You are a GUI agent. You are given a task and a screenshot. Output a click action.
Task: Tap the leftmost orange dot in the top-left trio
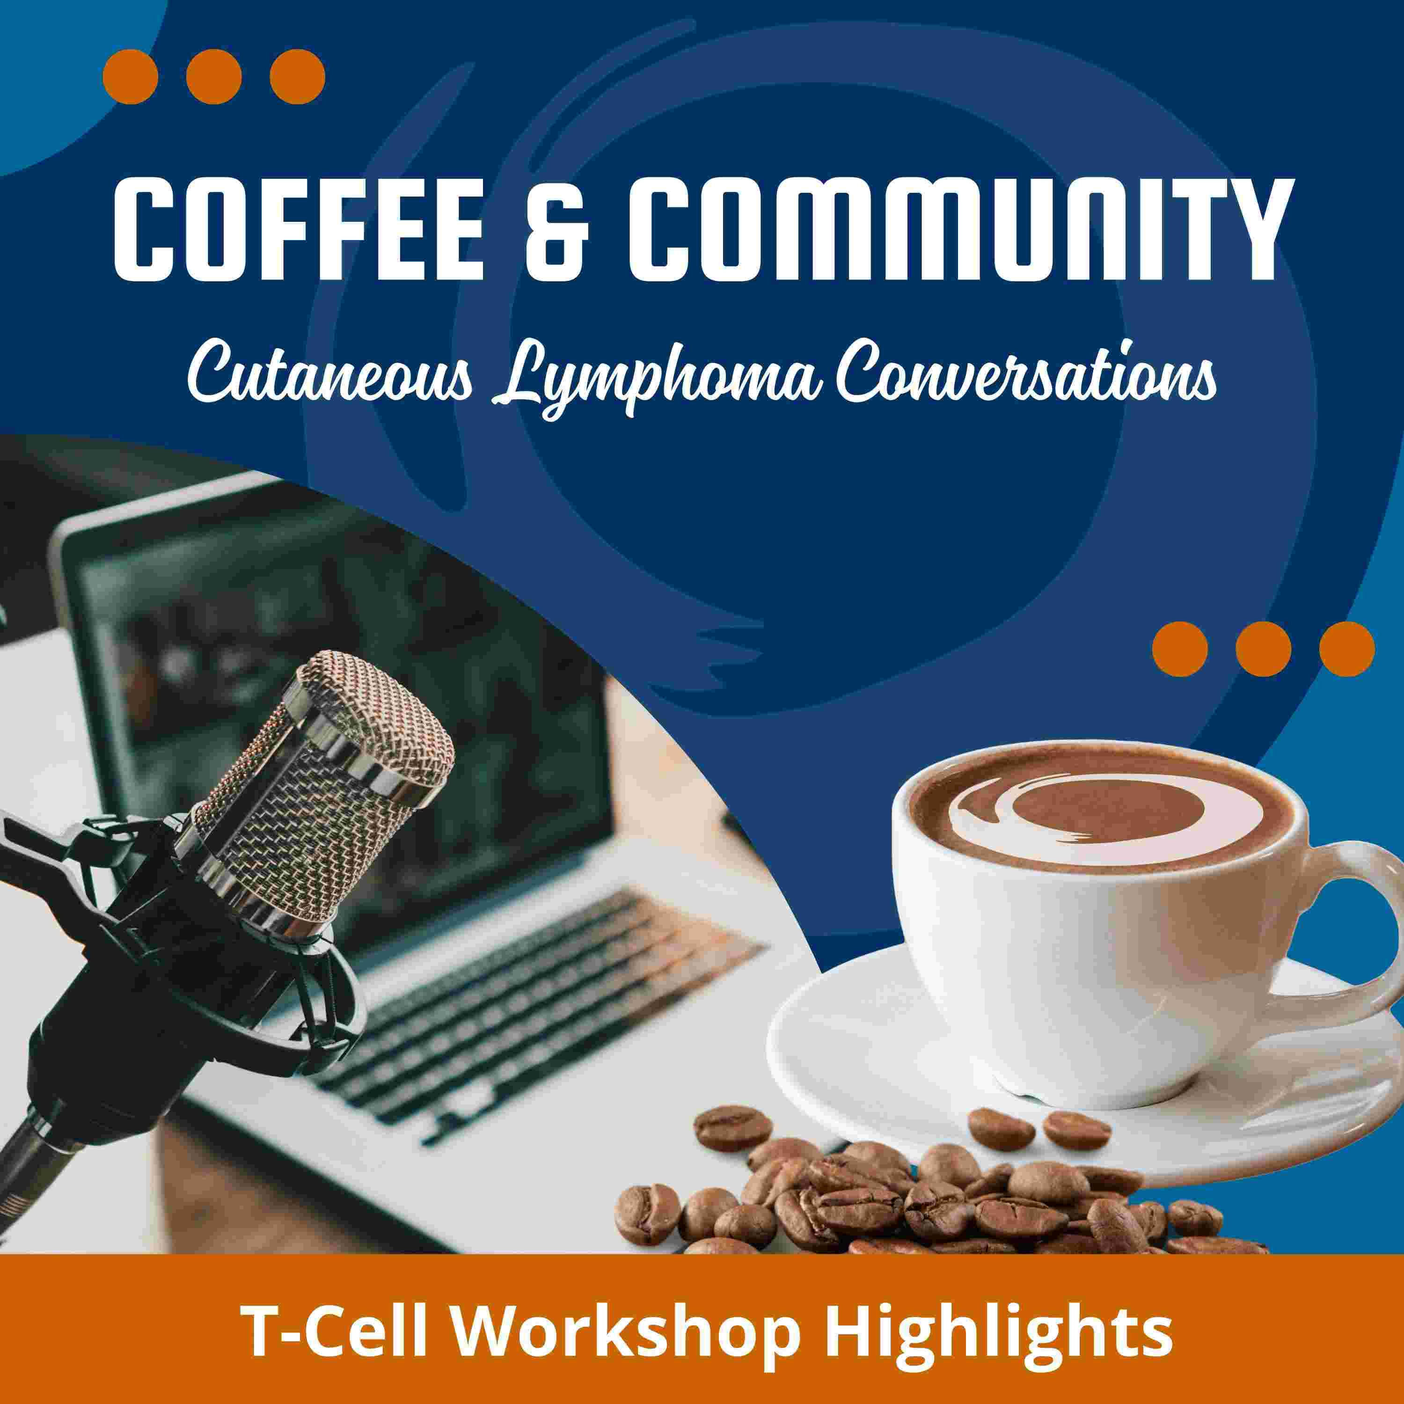131,76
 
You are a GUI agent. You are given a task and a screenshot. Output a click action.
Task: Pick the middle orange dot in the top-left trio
214,76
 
